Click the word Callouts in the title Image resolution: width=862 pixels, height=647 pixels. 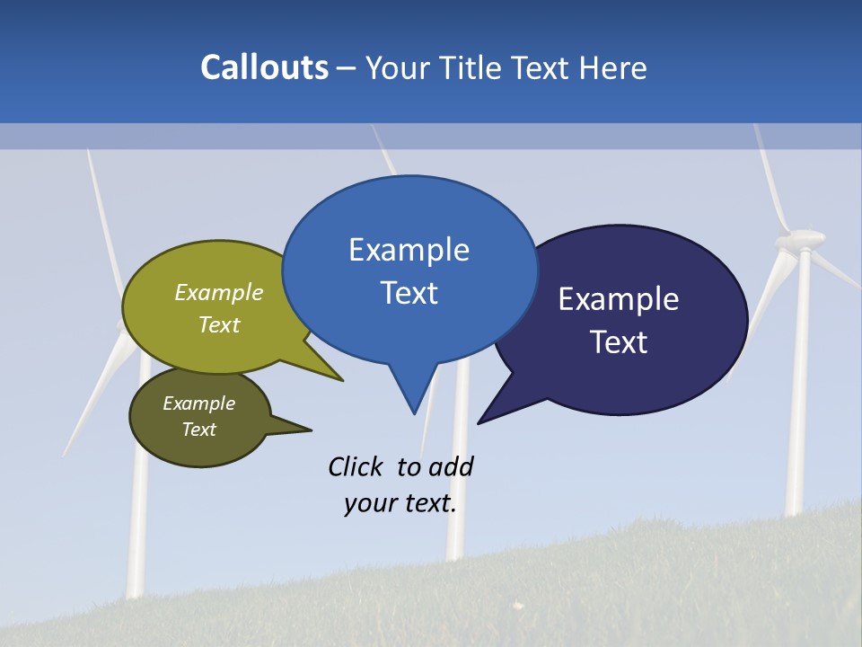point(264,67)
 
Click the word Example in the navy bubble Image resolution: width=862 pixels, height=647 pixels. point(618,299)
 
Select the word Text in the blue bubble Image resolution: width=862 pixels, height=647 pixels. point(409,293)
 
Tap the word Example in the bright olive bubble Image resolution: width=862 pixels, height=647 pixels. point(218,292)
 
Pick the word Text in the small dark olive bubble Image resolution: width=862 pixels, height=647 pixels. point(198,430)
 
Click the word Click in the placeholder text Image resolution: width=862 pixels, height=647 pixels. point(355,466)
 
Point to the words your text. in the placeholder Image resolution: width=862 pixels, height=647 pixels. point(400,503)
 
